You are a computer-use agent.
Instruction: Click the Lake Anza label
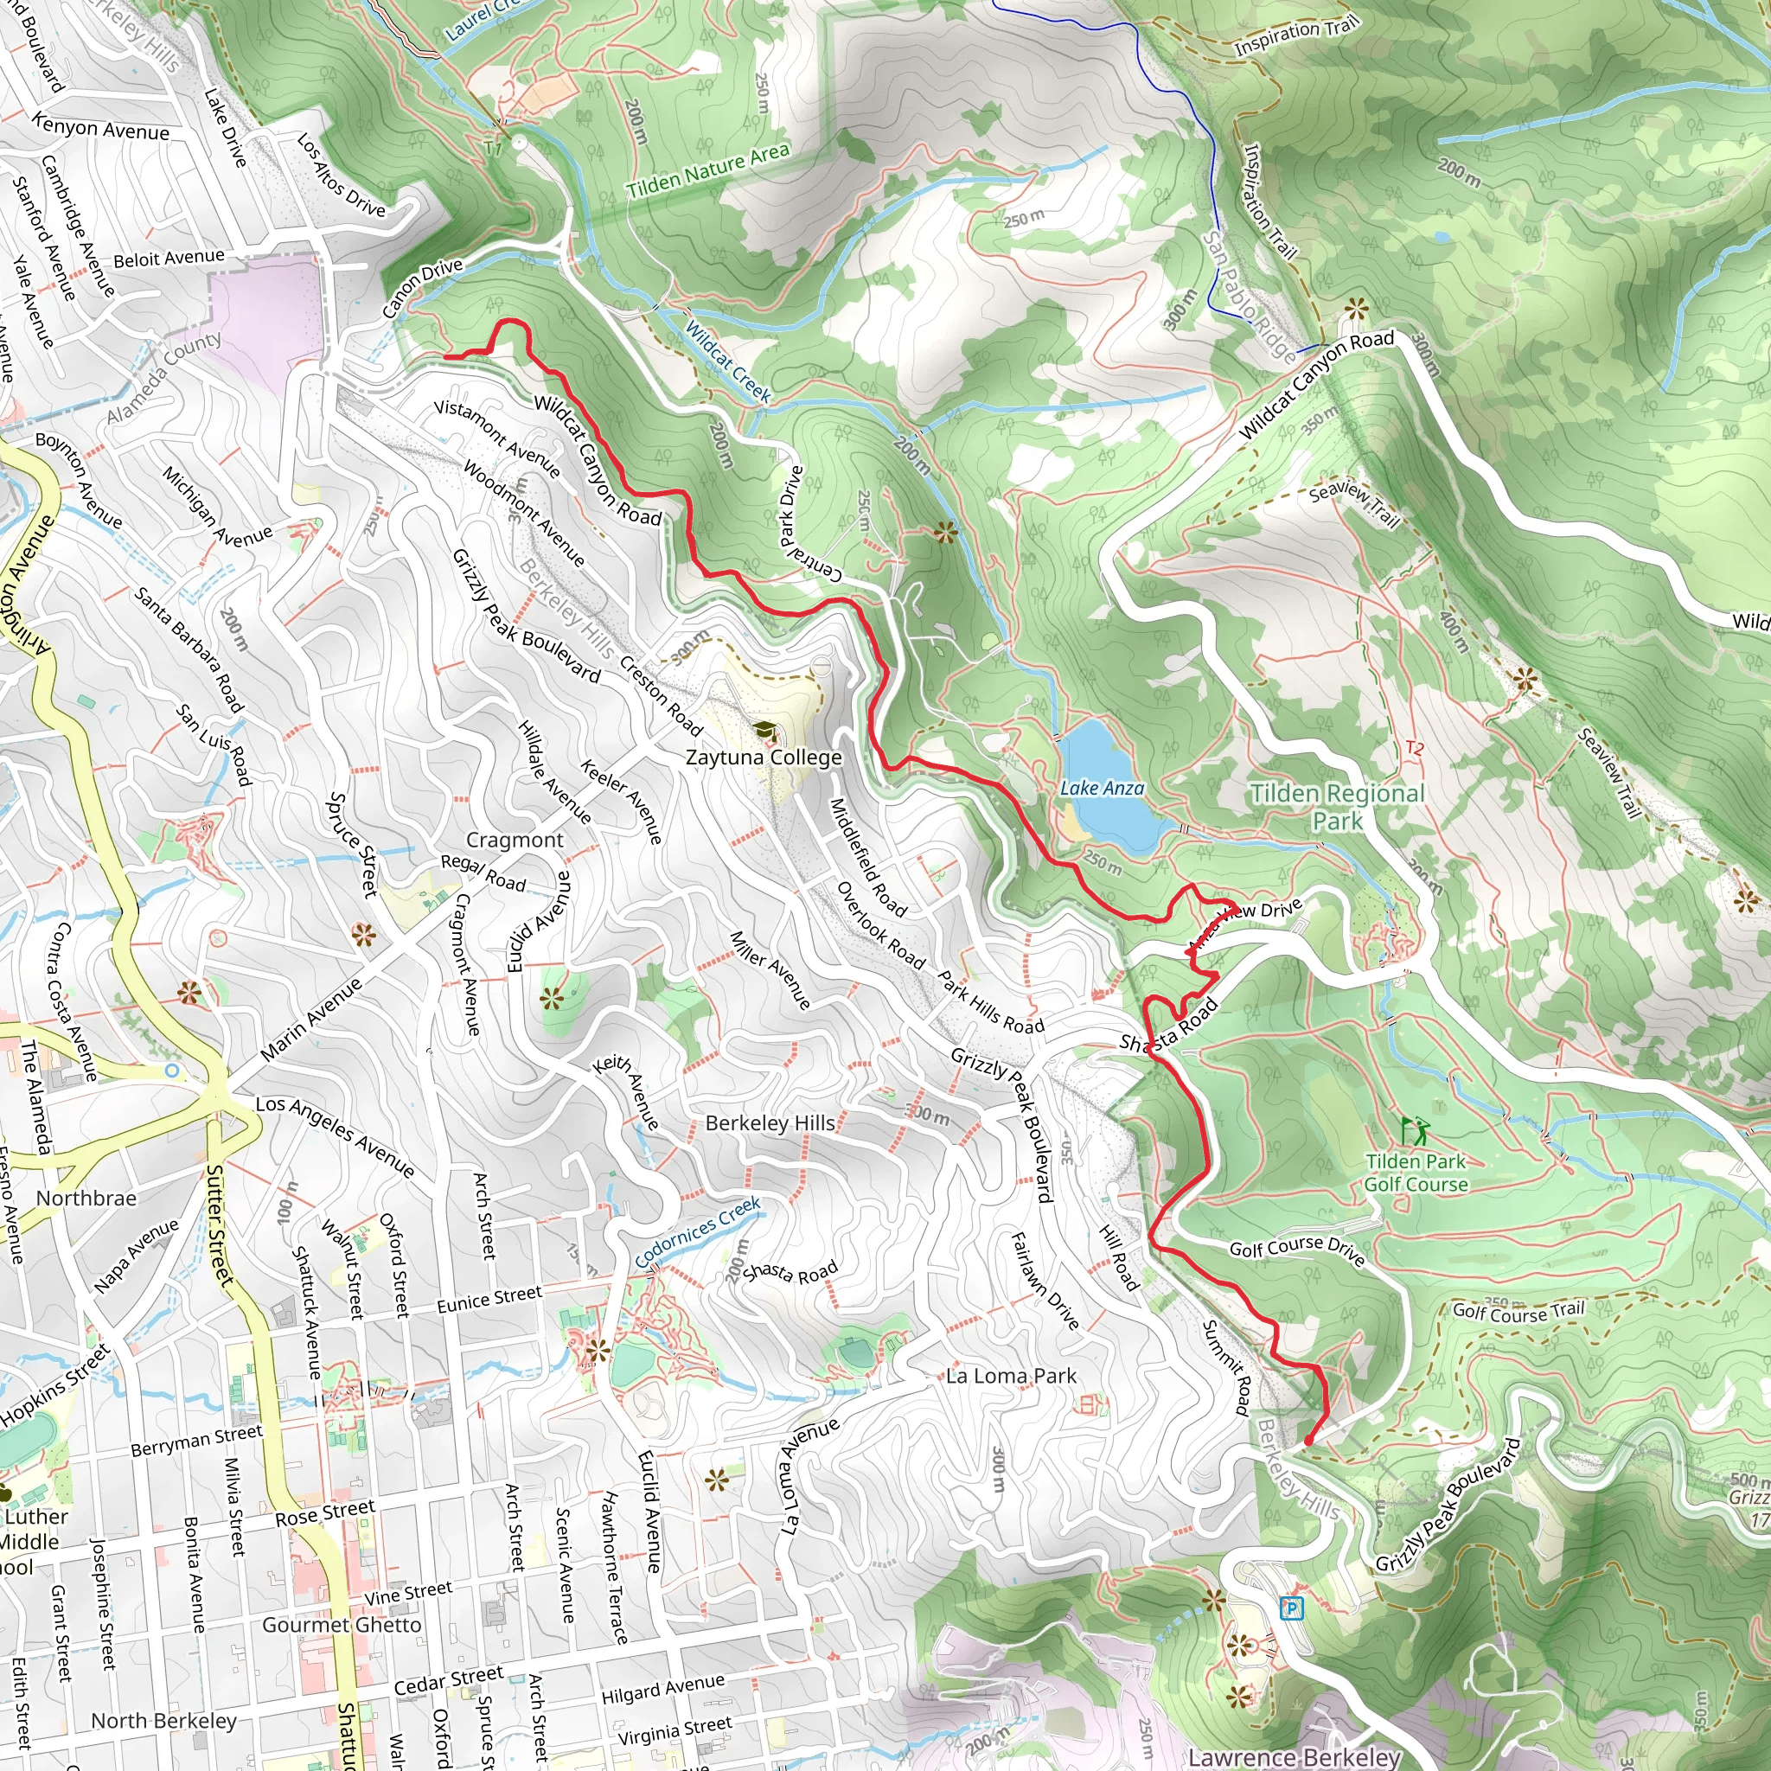pyautogui.click(x=1101, y=788)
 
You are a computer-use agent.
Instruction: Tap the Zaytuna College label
pyautogui.click(x=763, y=758)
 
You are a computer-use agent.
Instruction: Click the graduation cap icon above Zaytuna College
pyautogui.click(x=764, y=731)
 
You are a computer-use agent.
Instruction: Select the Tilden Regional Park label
pyautogui.click(x=1338, y=807)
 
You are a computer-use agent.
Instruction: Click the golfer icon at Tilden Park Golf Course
pyautogui.click(x=1414, y=1129)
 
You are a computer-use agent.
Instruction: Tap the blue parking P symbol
pyautogui.click(x=1292, y=1607)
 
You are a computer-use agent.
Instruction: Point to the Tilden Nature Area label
pyautogui.click(x=706, y=171)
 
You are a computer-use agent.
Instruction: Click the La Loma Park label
pyautogui.click(x=1010, y=1375)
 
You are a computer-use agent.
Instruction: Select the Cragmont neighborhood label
pyautogui.click(x=515, y=840)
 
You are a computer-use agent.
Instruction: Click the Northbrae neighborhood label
pyautogui.click(x=86, y=1198)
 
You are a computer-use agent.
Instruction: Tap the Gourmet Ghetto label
pyautogui.click(x=342, y=1624)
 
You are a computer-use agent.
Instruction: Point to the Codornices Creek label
pyautogui.click(x=698, y=1233)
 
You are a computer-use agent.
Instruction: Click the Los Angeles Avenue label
pyautogui.click(x=335, y=1135)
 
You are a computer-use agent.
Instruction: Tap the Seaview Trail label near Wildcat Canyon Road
pyautogui.click(x=1354, y=503)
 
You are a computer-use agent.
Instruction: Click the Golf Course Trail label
pyautogui.click(x=1518, y=1311)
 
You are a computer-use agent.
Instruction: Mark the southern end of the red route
pyautogui.click(x=1307, y=1442)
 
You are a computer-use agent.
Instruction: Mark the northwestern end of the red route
pyautogui.click(x=445, y=355)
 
